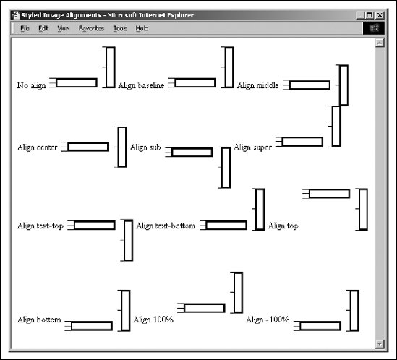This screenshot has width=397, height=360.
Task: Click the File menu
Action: point(25,28)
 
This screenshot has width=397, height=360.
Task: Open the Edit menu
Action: point(43,28)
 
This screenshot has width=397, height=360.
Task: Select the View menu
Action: point(64,28)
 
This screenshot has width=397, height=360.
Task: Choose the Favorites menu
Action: point(91,28)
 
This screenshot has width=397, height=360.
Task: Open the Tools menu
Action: point(120,28)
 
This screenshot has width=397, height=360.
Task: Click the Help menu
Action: point(142,28)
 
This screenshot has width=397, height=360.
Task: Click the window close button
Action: point(380,15)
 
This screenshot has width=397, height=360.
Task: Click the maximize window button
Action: point(370,15)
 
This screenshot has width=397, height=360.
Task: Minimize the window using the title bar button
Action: point(361,15)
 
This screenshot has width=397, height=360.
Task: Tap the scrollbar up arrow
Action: point(380,43)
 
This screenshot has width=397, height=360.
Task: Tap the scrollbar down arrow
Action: point(380,344)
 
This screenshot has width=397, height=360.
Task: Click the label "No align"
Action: point(31,85)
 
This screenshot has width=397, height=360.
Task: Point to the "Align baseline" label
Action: point(141,85)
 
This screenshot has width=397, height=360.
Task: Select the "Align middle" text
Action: point(257,85)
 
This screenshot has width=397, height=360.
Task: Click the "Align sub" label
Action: point(145,147)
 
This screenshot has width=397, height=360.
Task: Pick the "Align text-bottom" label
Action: point(166,226)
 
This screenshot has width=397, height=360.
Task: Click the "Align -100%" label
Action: point(268,320)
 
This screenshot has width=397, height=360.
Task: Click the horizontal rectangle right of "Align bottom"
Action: point(92,326)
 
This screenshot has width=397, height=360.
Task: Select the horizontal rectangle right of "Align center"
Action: point(88,147)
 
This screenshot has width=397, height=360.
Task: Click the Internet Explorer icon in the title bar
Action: point(16,15)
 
